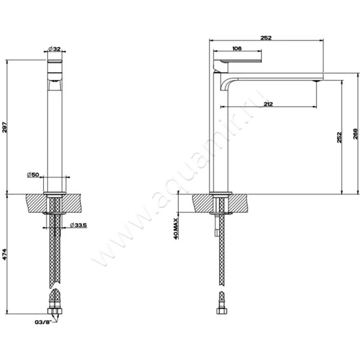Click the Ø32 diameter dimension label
pyautogui.click(x=54, y=49)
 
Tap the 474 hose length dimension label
pyautogui.click(x=5, y=254)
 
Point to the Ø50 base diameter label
pyautogui.click(x=33, y=175)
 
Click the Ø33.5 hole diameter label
pyautogui.click(x=78, y=225)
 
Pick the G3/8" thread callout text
pyautogui.click(x=42, y=322)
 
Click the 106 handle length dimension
pyautogui.click(x=237, y=49)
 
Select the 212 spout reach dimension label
pyautogui.click(x=268, y=104)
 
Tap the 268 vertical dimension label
pyautogui.click(x=355, y=134)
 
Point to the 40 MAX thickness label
pyautogui.click(x=176, y=229)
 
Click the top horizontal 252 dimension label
pyautogui.click(x=266, y=38)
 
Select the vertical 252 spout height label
pyautogui.click(x=339, y=137)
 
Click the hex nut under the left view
pyautogui.click(x=55, y=311)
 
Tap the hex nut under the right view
pyautogui.click(x=222, y=311)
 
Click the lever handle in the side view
pyautogui.click(x=238, y=61)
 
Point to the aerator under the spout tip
pyautogui.click(x=317, y=81)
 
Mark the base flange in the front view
pyautogui.click(x=54, y=193)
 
